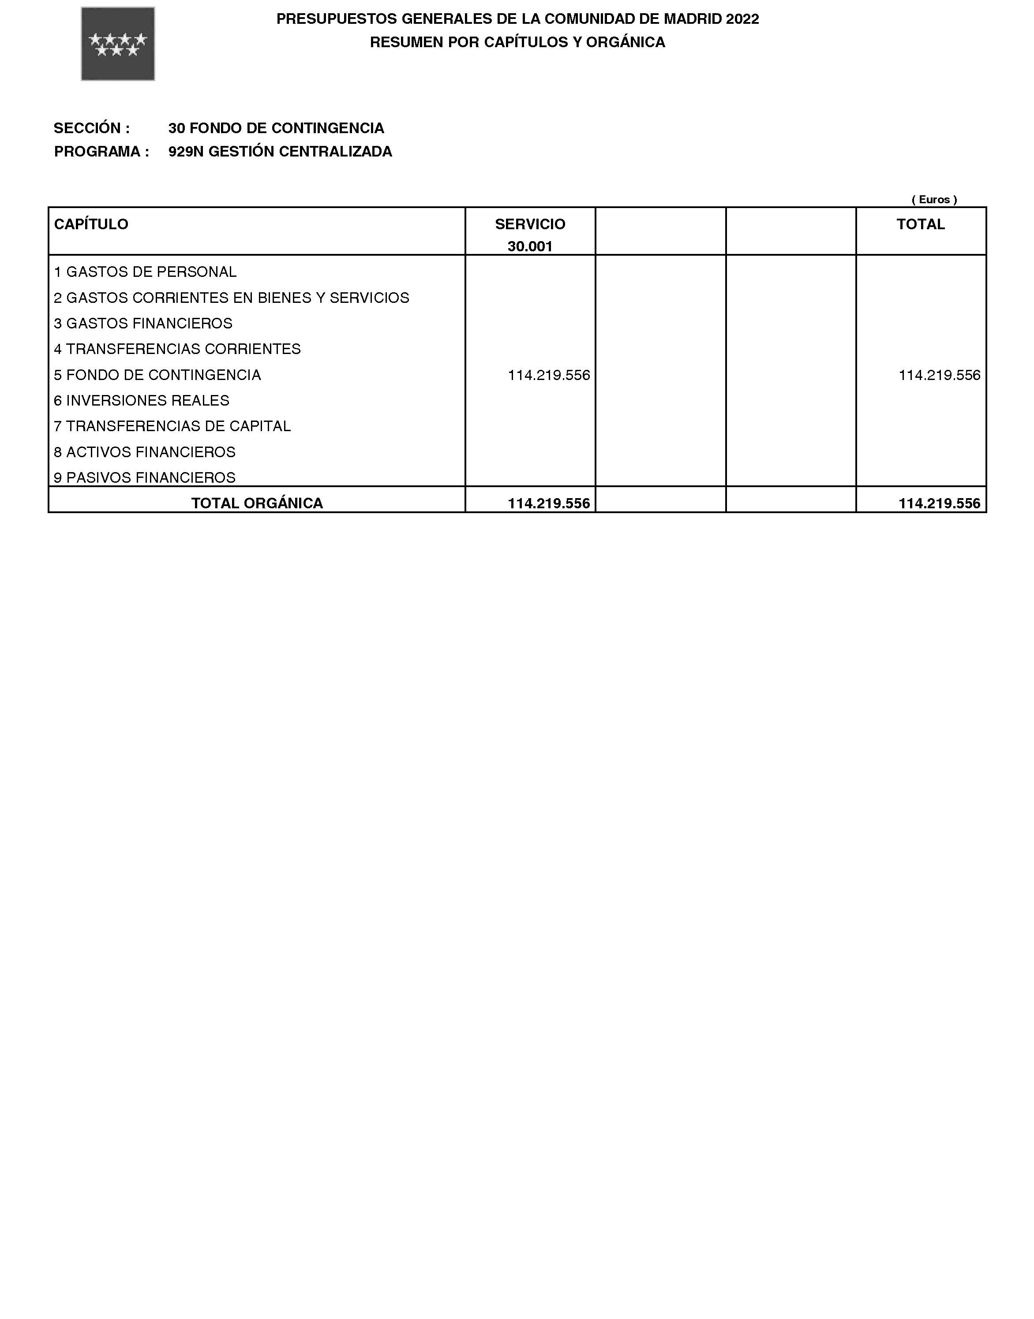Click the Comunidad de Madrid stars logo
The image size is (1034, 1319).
118,44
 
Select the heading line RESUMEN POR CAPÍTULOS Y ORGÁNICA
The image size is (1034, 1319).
517,42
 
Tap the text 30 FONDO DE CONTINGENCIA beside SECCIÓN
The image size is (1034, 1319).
276,128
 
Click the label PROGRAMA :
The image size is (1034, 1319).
102,152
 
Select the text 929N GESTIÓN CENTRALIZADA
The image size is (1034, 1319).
280,152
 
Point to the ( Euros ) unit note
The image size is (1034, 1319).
934,200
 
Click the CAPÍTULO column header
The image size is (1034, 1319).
91,224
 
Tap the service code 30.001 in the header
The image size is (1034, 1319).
530,247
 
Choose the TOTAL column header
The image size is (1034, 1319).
920,224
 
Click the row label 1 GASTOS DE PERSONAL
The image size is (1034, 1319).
145,272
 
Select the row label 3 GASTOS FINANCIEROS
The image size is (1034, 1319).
143,324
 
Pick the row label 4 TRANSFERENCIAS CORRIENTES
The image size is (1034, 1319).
177,349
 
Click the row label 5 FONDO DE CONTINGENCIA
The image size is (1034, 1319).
157,375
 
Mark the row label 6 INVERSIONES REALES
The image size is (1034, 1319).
142,401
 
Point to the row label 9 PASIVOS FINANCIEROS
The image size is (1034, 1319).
145,477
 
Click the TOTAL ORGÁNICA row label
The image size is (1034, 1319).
257,503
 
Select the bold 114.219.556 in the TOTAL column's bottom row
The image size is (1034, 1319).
939,503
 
